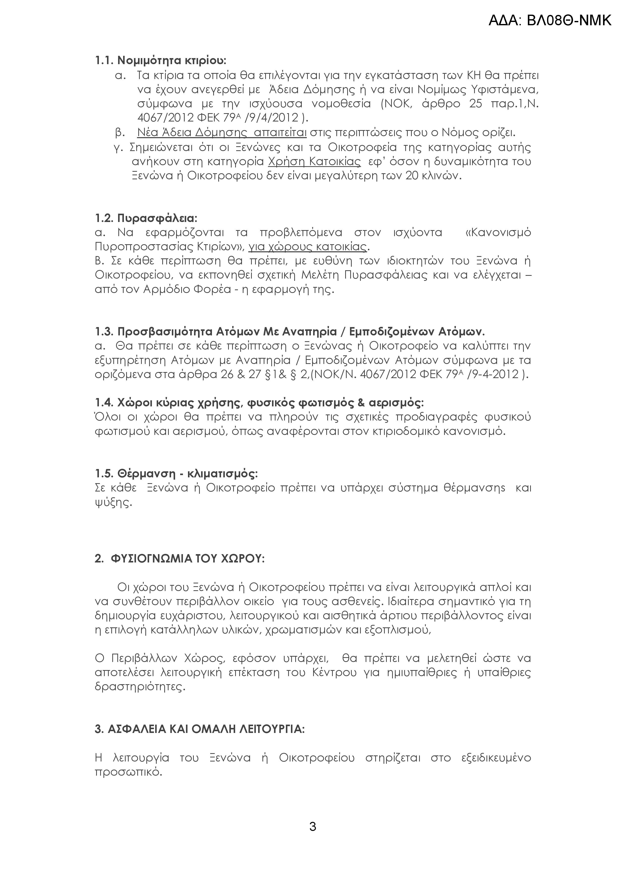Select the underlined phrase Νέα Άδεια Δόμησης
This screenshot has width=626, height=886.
pyautogui.click(x=192, y=133)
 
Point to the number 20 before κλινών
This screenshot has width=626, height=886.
pyautogui.click(x=413, y=176)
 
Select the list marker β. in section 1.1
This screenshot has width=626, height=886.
pyautogui.click(x=120, y=133)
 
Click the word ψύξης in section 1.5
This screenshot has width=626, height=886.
pyautogui.click(x=113, y=502)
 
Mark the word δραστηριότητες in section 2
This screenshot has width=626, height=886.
pyautogui.click(x=140, y=687)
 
